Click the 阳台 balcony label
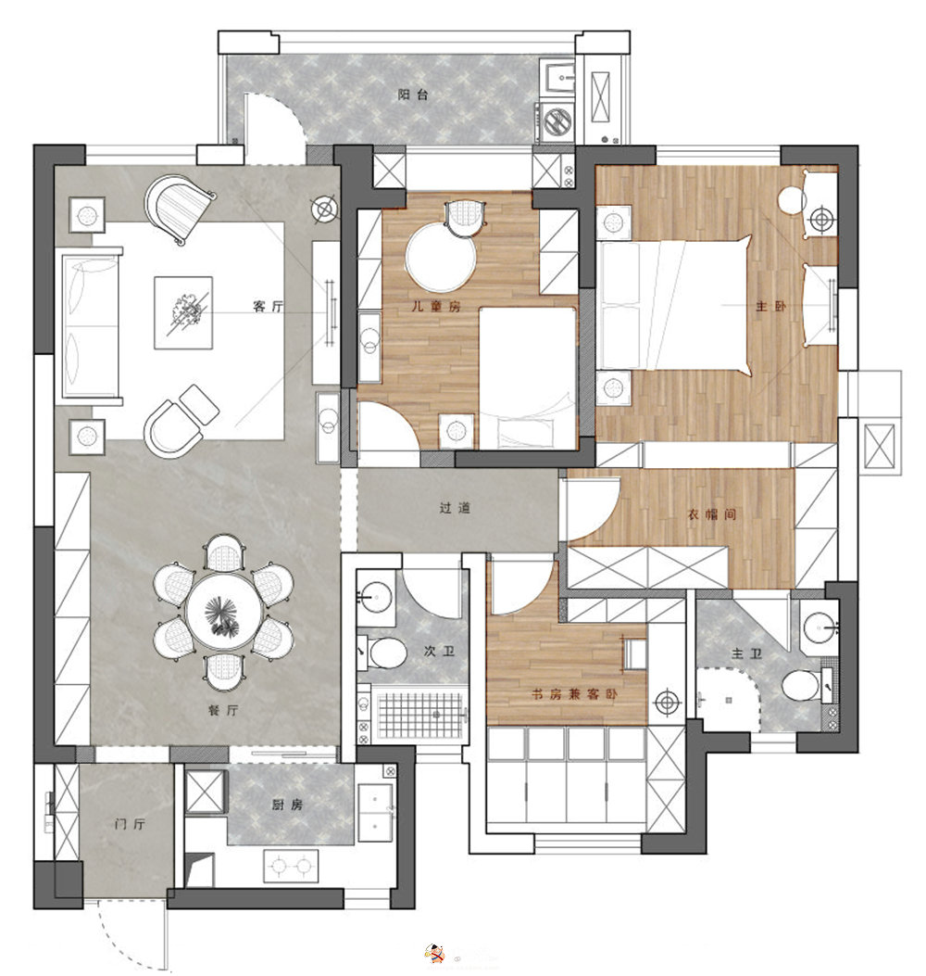point(413,95)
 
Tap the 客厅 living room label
point(268,306)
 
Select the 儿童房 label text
point(436,306)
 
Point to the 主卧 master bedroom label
point(770,306)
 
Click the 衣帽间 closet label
point(711,514)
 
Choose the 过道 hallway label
point(455,508)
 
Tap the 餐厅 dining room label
point(222,710)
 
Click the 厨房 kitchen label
point(287,805)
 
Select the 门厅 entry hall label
point(130,824)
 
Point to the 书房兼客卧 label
point(574,693)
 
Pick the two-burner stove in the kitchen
point(291,866)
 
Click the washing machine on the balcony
point(557,122)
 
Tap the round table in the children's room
point(441,257)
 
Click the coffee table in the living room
point(183,313)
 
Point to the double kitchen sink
point(375,808)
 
